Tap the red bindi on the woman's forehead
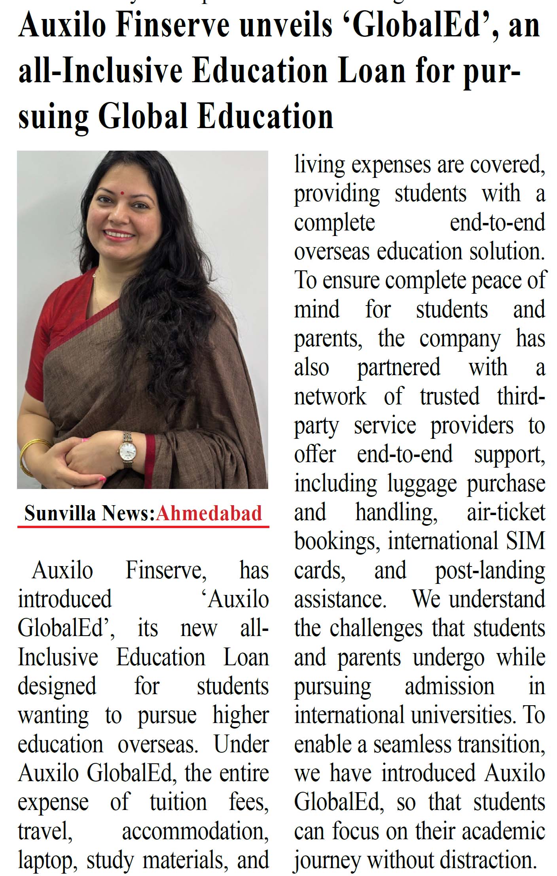tap(122, 193)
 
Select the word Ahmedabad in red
tap(209, 513)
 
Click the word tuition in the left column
tap(178, 802)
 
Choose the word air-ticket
tap(506, 512)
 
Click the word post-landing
tap(490, 571)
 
